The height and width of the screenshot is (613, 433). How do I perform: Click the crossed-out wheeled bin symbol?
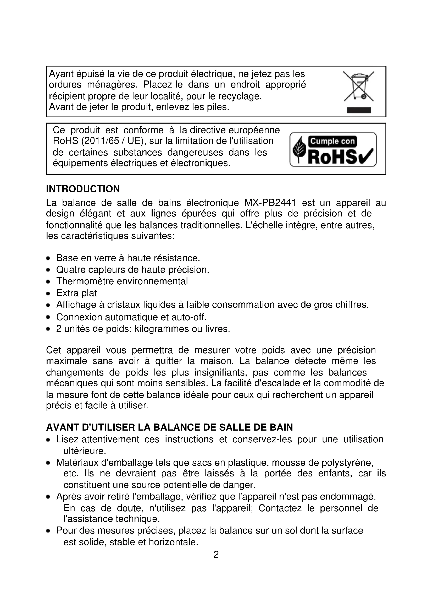point(358,86)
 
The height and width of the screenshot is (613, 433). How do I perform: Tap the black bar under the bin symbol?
point(359,110)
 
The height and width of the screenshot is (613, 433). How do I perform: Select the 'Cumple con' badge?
point(332,141)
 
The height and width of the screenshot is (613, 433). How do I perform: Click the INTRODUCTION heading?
point(83,189)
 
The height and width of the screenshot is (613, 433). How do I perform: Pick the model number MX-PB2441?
point(270,203)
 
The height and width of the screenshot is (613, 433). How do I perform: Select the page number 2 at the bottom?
point(216,555)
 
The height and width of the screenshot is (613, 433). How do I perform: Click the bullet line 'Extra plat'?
point(76,293)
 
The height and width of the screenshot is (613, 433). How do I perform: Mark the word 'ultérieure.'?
point(85,451)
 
